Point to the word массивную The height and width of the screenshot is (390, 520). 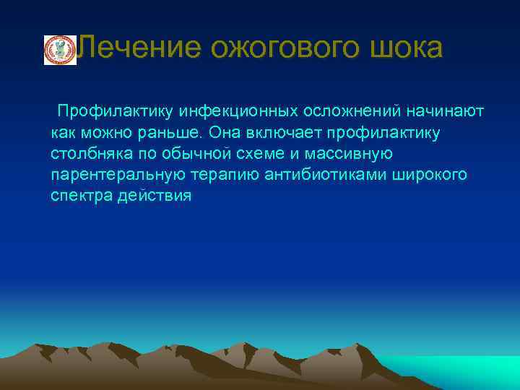coord(351,154)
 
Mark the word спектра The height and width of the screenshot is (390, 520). coord(80,196)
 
